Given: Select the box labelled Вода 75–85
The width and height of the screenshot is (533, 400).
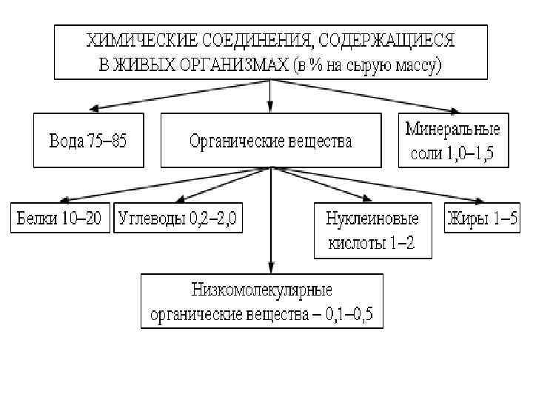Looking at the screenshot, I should [x=87, y=141].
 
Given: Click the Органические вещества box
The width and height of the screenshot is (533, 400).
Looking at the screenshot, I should [x=270, y=141].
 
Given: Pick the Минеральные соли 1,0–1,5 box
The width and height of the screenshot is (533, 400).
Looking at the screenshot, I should [x=452, y=141].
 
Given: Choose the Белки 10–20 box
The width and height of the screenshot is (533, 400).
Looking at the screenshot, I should [x=61, y=219].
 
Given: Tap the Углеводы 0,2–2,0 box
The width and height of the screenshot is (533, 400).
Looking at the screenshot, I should [x=178, y=219].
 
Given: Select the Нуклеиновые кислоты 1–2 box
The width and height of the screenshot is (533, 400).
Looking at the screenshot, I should [x=372, y=230].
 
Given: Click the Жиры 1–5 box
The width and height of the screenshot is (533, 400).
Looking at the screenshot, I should [x=480, y=219].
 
